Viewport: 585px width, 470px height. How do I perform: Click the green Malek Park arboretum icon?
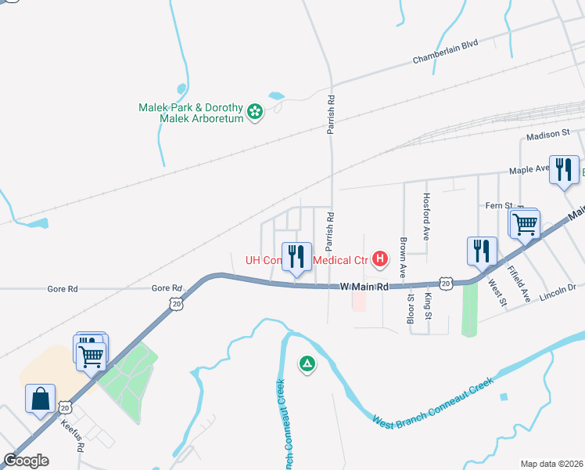pos(254,112)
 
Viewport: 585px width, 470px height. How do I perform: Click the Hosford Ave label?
pos(426,217)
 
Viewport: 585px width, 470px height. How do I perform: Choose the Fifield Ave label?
pos(519,284)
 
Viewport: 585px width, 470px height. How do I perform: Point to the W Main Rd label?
pos(364,287)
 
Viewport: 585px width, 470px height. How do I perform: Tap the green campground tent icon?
pos(307,363)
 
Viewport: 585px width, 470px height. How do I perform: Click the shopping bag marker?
pos(41,399)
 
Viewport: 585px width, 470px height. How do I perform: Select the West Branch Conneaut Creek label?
pos(432,403)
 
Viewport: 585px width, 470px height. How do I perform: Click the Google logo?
pos(26,460)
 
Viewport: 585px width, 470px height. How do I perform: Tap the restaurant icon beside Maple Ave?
pos(564,170)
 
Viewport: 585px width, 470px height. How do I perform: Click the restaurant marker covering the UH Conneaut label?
pos(296,256)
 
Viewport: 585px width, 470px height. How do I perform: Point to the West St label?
pos(497,291)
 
